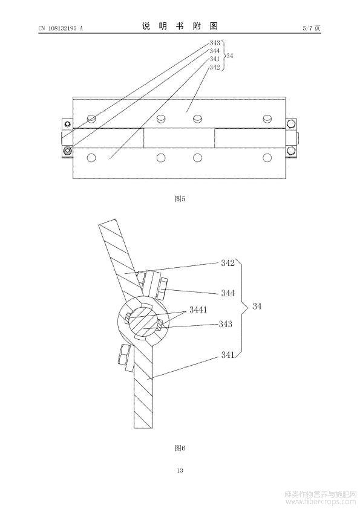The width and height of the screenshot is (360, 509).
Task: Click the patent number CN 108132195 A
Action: pos(61,28)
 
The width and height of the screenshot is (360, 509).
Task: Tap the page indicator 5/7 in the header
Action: pos(307,28)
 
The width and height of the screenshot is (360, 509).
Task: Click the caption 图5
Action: pos(180,199)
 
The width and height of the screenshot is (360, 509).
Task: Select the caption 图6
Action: pos(180,449)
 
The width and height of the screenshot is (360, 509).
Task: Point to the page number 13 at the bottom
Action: pos(180,470)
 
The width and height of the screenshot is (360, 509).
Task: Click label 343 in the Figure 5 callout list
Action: pos(214,43)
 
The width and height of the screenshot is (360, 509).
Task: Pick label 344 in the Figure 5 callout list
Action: pos(214,51)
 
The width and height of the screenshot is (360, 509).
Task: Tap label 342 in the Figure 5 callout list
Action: pos(214,67)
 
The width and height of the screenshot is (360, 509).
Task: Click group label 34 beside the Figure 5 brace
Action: pos(229,56)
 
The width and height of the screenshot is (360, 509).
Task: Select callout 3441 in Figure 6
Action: pos(198,310)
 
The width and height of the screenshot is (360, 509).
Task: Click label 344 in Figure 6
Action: pos(227,293)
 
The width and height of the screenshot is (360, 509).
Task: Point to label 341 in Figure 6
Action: pos(227,355)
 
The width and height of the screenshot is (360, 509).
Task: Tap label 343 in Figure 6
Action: pos(226,324)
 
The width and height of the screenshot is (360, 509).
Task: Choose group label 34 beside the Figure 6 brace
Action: pos(257,306)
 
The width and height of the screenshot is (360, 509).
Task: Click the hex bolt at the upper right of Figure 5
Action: pos(290,124)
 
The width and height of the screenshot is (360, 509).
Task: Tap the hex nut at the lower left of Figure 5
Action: pos(68,151)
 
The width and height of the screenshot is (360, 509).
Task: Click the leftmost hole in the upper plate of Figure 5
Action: pos(91,118)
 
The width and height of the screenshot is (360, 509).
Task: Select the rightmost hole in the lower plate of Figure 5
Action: pos(267,158)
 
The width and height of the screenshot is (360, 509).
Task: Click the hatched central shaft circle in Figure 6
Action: pos(143,322)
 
